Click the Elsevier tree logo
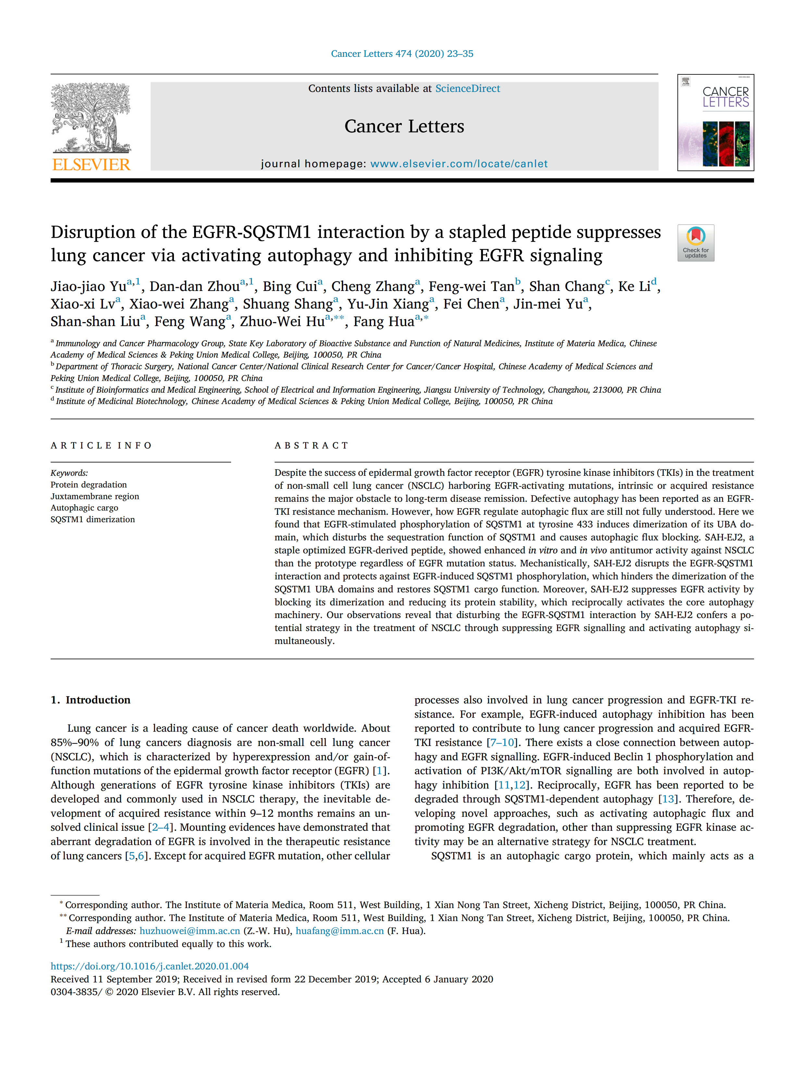(x=91, y=118)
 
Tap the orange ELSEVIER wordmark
(x=91, y=165)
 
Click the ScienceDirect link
(x=467, y=88)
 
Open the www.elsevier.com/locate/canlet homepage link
(x=459, y=164)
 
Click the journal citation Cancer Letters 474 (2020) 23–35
(x=402, y=53)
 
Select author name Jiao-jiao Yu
(x=88, y=286)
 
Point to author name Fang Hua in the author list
(x=383, y=322)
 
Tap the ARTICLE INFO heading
(x=101, y=445)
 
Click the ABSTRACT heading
(x=312, y=445)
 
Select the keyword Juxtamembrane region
(x=95, y=496)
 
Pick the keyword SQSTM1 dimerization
(x=93, y=519)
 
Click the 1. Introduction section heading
(x=91, y=700)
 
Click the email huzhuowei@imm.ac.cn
(x=190, y=931)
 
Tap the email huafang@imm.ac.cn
(x=340, y=931)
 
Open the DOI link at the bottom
(x=149, y=966)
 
